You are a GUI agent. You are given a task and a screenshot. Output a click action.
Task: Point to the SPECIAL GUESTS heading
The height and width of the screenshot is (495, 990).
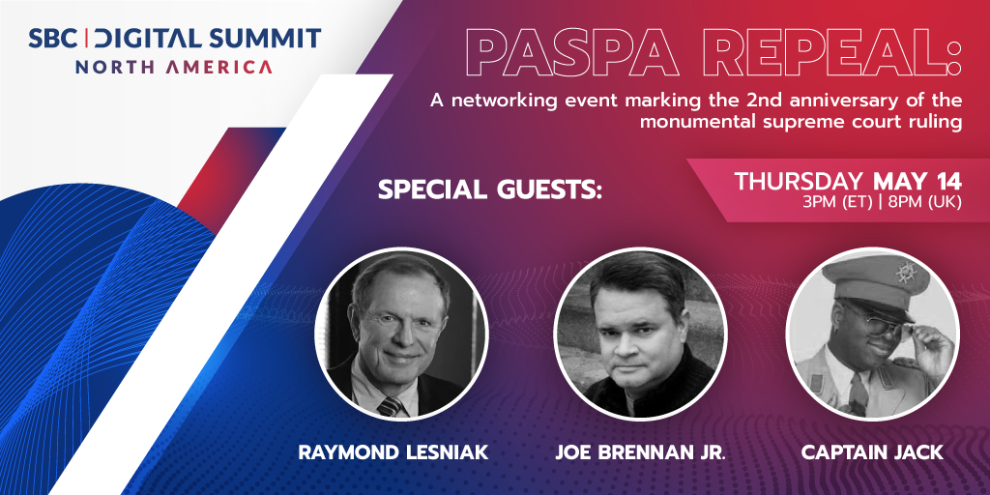coord(489,189)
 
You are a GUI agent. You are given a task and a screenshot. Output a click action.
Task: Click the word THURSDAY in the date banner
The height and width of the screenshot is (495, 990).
coord(799,181)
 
